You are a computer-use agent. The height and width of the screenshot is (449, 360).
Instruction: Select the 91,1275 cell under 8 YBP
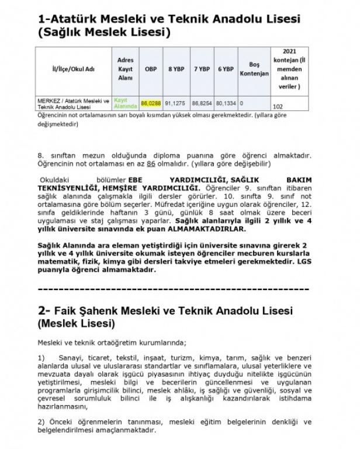coord(175,103)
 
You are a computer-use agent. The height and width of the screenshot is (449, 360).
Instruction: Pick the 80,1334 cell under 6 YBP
coord(226,103)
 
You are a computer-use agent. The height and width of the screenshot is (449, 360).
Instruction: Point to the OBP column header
coord(151,69)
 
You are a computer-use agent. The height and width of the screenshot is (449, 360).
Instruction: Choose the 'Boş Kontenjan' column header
coord(254,69)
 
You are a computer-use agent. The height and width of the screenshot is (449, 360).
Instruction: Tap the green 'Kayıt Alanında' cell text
coord(126,103)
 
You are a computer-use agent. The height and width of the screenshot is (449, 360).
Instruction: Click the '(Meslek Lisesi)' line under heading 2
coord(76,323)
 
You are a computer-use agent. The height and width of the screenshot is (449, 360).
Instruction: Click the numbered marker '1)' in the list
coord(41,357)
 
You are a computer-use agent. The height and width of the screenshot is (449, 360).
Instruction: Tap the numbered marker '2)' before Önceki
coord(41,422)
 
